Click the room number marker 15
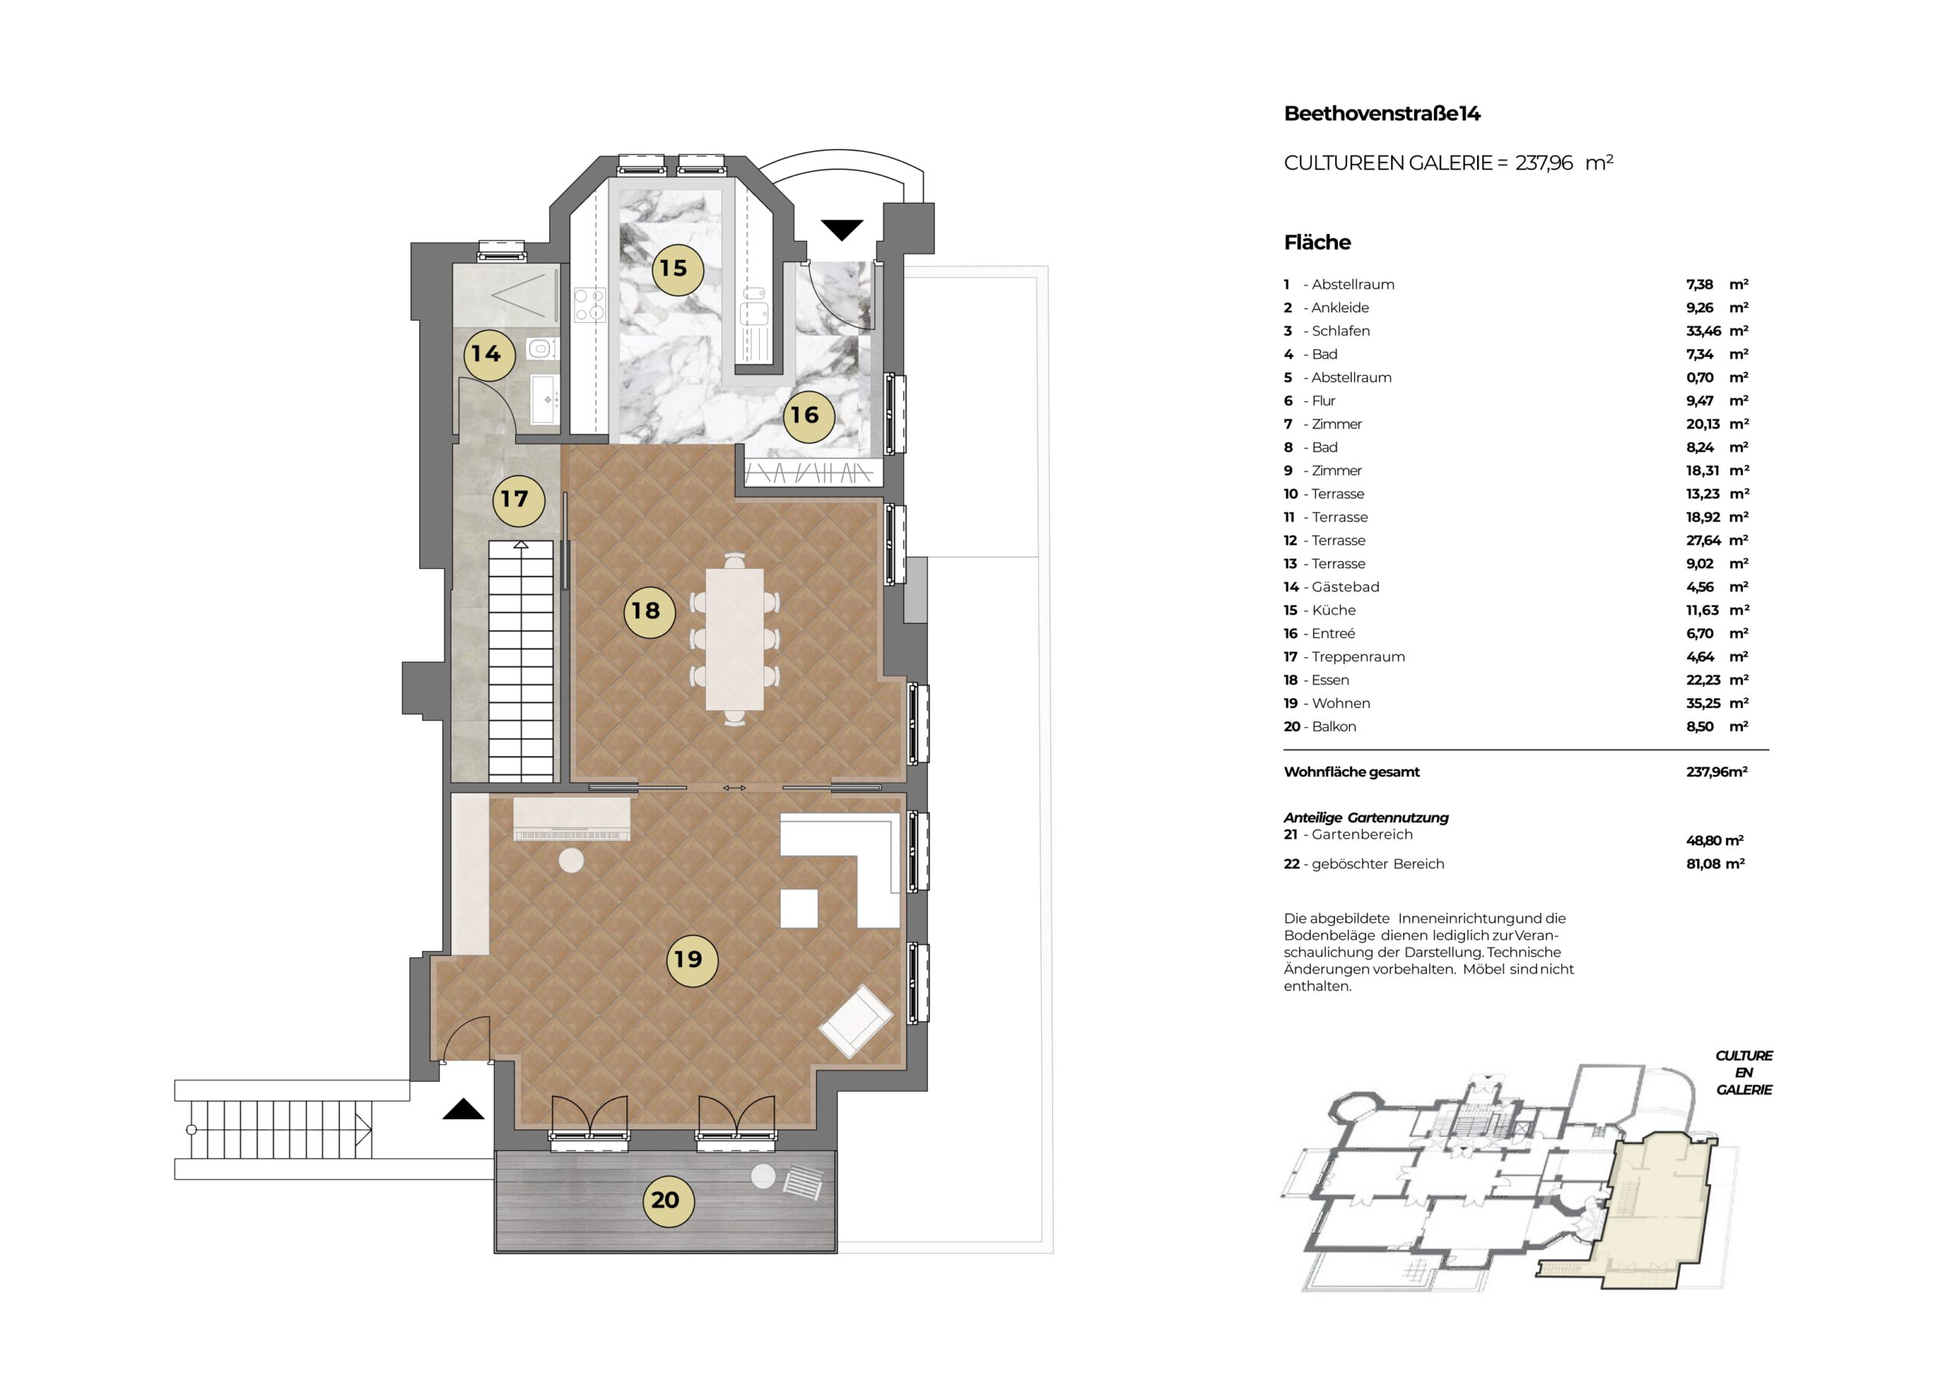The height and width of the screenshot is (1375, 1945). (677, 269)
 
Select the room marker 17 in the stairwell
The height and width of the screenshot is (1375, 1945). (517, 499)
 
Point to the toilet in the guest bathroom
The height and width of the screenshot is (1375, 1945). (540, 348)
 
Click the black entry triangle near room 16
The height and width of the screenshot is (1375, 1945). (842, 229)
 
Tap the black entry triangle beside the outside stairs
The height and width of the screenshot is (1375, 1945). (463, 1109)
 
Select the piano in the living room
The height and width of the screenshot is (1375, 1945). (572, 818)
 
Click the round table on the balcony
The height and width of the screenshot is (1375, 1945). (764, 1177)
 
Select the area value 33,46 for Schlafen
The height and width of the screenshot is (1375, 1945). (1703, 331)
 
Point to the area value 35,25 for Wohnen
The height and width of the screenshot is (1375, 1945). (1703, 703)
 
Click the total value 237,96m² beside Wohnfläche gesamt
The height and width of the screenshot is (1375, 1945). (1717, 772)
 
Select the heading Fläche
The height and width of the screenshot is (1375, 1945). (1317, 242)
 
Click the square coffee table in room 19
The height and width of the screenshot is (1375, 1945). (799, 909)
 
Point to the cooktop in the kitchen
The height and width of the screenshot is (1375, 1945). (590, 306)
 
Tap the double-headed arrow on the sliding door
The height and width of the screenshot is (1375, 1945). (735, 788)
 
